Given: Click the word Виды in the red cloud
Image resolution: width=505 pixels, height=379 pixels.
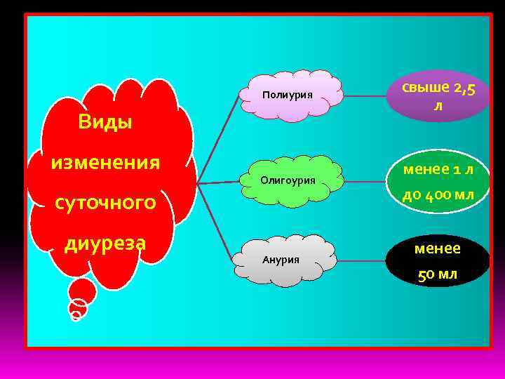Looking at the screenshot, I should pyautogui.click(x=105, y=121).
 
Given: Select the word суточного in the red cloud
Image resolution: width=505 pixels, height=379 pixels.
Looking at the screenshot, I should pyautogui.click(x=105, y=204).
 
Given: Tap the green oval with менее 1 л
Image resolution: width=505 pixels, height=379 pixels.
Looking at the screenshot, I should pyautogui.click(x=438, y=181).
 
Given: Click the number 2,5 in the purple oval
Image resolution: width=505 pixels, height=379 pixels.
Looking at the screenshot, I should pyautogui.click(x=469, y=88).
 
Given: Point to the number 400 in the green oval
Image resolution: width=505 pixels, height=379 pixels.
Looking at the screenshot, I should pyautogui.click(x=438, y=194).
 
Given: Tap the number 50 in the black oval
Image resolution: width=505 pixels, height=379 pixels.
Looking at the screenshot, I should pyautogui.click(x=425, y=274).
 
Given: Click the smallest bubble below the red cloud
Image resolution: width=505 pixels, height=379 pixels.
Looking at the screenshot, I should pyautogui.click(x=76, y=315).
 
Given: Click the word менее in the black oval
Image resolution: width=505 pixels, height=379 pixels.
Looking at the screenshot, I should pyautogui.click(x=438, y=248).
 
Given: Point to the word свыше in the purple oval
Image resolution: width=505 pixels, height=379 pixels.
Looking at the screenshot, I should pyautogui.click(x=425, y=88).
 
